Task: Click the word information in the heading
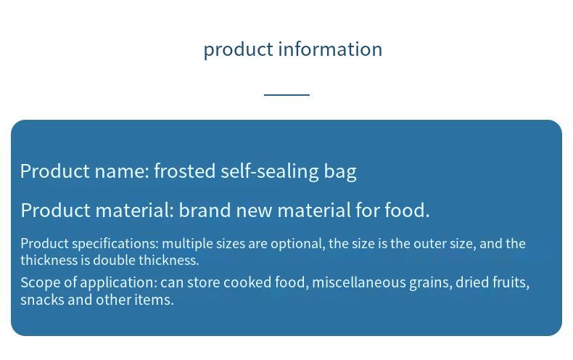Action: coord(330,49)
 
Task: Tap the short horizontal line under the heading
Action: coord(287,95)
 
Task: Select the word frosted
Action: coord(184,171)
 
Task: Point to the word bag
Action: coord(340,172)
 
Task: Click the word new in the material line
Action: coord(255,211)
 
